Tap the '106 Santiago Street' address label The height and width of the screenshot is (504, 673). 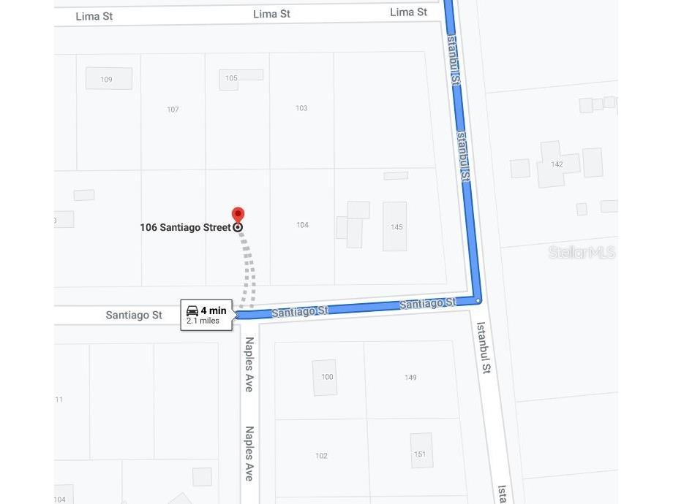(186, 227)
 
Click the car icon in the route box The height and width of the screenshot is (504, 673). (192, 311)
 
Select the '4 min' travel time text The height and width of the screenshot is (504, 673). (214, 311)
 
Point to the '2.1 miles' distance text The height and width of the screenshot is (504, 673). (203, 321)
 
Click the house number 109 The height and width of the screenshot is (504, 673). (107, 79)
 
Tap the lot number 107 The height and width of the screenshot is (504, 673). (173, 110)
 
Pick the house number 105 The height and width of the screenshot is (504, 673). (231, 78)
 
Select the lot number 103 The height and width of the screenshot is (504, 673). (301, 108)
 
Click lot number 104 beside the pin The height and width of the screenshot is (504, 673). (302, 225)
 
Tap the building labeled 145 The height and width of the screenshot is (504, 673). (396, 227)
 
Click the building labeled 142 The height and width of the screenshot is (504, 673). (557, 164)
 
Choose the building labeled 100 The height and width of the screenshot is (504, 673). (326, 377)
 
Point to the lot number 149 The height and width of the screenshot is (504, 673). (410, 378)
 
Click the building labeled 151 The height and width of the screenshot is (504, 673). (420, 454)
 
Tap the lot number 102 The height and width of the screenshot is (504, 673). (321, 456)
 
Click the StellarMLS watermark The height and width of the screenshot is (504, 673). (582, 253)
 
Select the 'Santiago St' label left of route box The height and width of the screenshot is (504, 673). (134, 315)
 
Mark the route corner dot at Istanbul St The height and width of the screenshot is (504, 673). (478, 300)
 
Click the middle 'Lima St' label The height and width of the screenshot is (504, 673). (271, 14)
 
